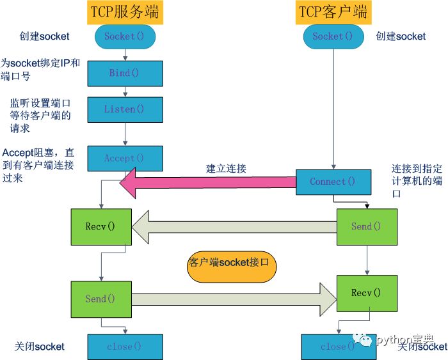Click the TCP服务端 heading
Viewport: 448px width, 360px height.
125,12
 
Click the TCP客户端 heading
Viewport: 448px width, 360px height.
333,12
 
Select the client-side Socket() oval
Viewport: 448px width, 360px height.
333,36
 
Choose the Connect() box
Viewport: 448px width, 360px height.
333,182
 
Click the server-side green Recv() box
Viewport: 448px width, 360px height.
101,227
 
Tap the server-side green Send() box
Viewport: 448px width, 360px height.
101,299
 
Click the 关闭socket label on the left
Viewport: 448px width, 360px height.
40,347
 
